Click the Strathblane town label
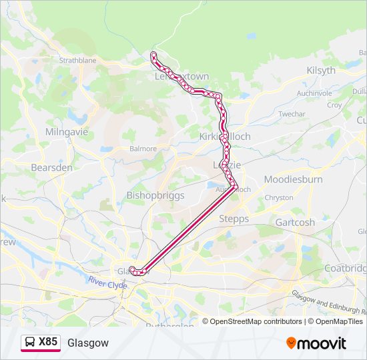pyautogui.click(x=77, y=60)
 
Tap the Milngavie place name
pyautogui.click(x=67, y=132)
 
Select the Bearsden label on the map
pyautogui.click(x=51, y=167)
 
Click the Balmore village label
pyautogui.click(x=143, y=149)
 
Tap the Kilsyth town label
pyautogui.click(x=322, y=70)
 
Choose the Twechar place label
pyautogui.click(x=292, y=114)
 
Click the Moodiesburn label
pyautogui.click(x=294, y=179)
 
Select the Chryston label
pyautogui.click(x=279, y=198)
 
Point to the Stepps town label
pyautogui.click(x=234, y=219)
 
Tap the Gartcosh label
pyautogui.click(x=295, y=223)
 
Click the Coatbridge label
pyautogui.click(x=346, y=268)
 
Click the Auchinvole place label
pyautogui.click(x=314, y=93)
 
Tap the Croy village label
pyautogui.click(x=334, y=105)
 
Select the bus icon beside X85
pyautogui.click(x=30, y=342)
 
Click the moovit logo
pyautogui.click(x=316, y=343)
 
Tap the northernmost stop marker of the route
pyautogui.click(x=153, y=54)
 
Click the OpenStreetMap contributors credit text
pyautogui.click(x=256, y=321)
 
